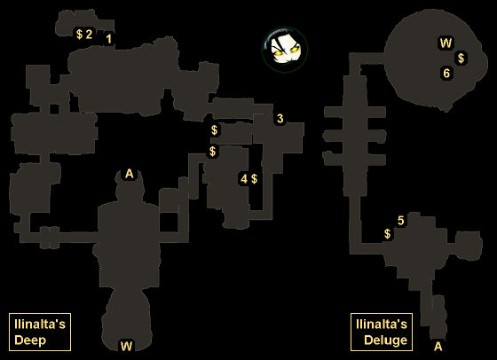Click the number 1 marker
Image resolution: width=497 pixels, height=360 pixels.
tap(108, 39)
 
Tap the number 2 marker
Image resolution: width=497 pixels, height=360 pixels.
tap(89, 34)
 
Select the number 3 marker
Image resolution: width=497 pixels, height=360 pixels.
tap(280, 119)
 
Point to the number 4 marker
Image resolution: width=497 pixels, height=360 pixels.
tap(244, 179)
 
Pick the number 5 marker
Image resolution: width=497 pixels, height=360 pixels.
tap(400, 221)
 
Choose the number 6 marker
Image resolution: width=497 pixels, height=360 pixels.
tap(446, 73)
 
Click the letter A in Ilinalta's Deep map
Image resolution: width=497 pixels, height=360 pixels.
tap(129, 174)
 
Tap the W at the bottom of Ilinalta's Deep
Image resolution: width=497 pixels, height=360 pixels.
tap(126, 346)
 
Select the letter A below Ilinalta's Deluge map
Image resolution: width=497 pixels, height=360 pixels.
tap(438, 347)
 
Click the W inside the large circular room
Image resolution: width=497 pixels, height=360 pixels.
tap(446, 43)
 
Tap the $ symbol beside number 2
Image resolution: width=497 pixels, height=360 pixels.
tap(79, 34)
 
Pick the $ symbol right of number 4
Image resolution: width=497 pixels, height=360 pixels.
tap(254, 179)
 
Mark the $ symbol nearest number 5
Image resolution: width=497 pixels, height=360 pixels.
tap(387, 234)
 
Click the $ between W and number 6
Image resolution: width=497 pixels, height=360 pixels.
tap(461, 59)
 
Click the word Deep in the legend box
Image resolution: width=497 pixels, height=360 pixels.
tap(30, 340)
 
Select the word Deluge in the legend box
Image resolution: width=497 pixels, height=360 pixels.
tap(385, 340)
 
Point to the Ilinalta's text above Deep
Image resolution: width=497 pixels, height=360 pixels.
tap(40, 325)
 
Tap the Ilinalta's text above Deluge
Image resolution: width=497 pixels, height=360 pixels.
tap(382, 325)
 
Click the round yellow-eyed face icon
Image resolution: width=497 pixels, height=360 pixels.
tap(285, 50)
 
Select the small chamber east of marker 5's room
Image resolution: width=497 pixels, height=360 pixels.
tap(469, 245)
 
